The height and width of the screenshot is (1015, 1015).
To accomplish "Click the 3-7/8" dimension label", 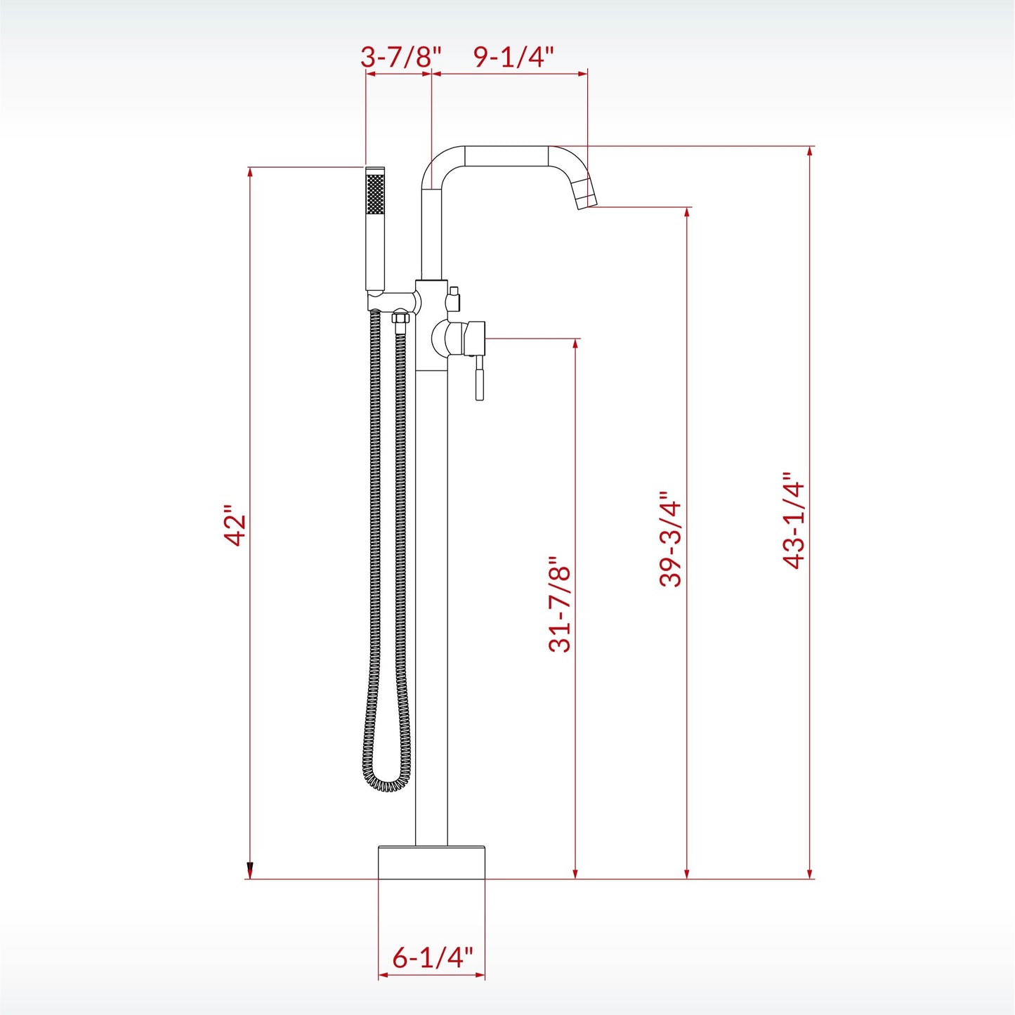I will (400, 57).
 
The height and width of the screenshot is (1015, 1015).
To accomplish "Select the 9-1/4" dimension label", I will (513, 57).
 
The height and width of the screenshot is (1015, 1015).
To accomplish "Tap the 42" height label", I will (235, 525).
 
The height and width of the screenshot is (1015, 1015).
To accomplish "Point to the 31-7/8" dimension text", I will (560, 605).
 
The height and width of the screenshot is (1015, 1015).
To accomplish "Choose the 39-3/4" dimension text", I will (671, 539).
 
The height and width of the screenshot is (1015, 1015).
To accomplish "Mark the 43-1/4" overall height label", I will (794, 520).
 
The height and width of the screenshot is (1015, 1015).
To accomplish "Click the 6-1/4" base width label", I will (432, 957).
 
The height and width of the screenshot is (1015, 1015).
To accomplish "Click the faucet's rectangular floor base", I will (431, 863).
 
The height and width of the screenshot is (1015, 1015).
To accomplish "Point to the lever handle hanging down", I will (479, 379).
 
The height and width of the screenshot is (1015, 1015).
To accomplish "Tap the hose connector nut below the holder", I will (400, 320).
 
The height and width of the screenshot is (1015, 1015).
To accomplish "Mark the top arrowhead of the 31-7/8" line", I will (575, 344).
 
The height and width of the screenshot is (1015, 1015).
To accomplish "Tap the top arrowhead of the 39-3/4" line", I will (687, 213).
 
